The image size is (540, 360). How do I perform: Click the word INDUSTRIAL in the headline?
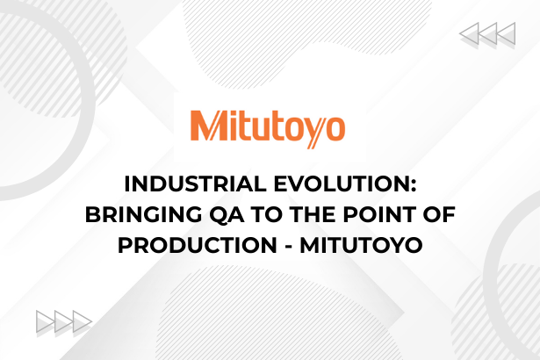click(195, 184)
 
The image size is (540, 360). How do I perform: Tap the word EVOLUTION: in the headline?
click(345, 184)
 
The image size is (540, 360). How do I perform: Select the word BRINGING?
click(144, 214)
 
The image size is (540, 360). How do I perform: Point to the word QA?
click(227, 215)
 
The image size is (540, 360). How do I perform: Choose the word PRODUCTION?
click(198, 245)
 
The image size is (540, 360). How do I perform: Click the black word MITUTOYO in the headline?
click(361, 245)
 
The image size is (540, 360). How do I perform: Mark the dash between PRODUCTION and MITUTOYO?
click(289, 247)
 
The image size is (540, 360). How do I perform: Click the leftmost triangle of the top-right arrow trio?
click(471, 33)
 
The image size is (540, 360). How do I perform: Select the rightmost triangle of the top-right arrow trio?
click(507, 33)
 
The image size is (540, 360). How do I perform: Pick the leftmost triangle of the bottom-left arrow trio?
click(45, 321)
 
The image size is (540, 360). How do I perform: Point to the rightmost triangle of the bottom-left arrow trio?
click(82, 321)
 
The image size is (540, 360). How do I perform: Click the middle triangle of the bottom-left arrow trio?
click(63, 321)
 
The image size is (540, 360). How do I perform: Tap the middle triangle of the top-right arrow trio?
click(489, 33)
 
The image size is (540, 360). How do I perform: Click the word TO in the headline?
click(267, 214)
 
